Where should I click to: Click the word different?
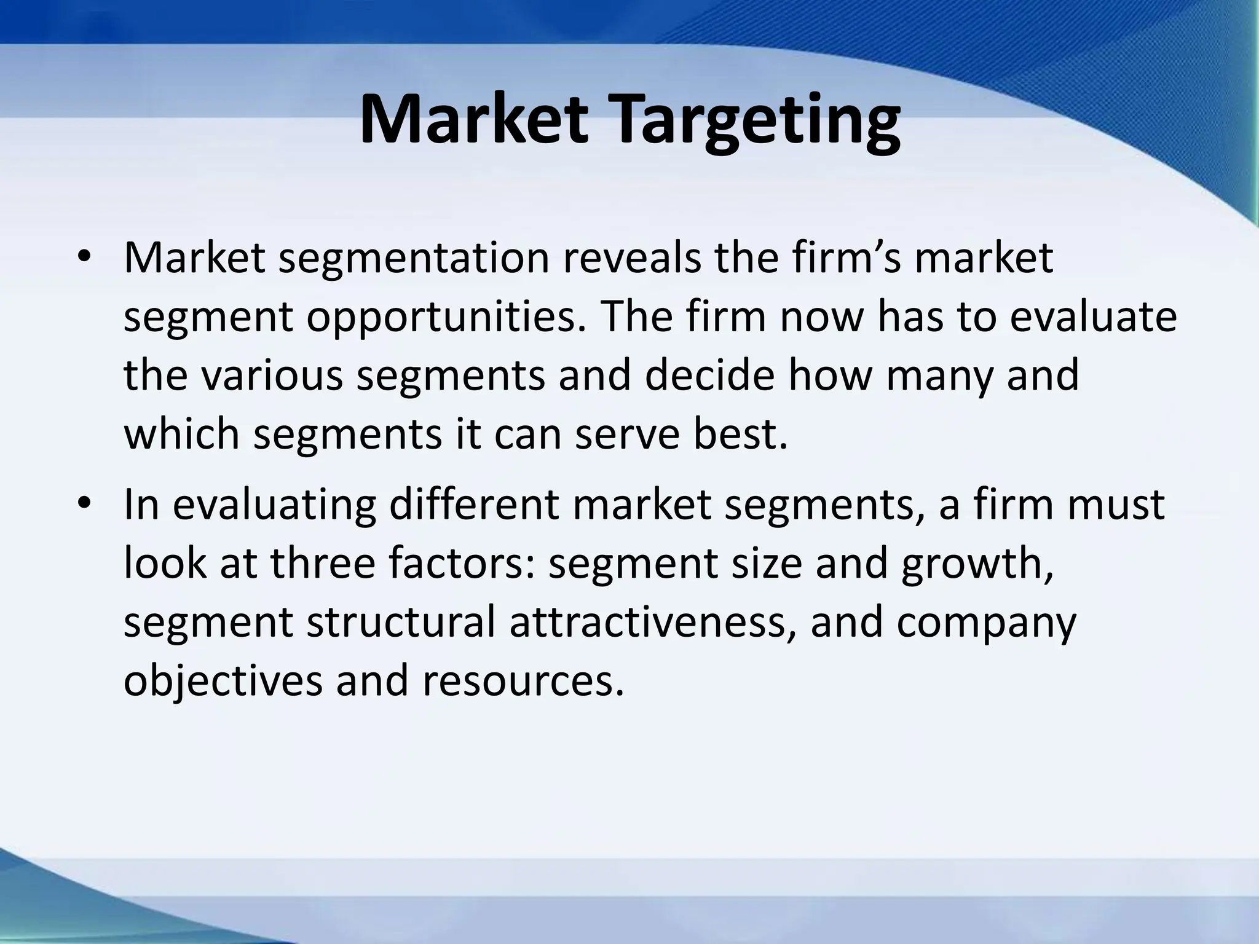474,504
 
